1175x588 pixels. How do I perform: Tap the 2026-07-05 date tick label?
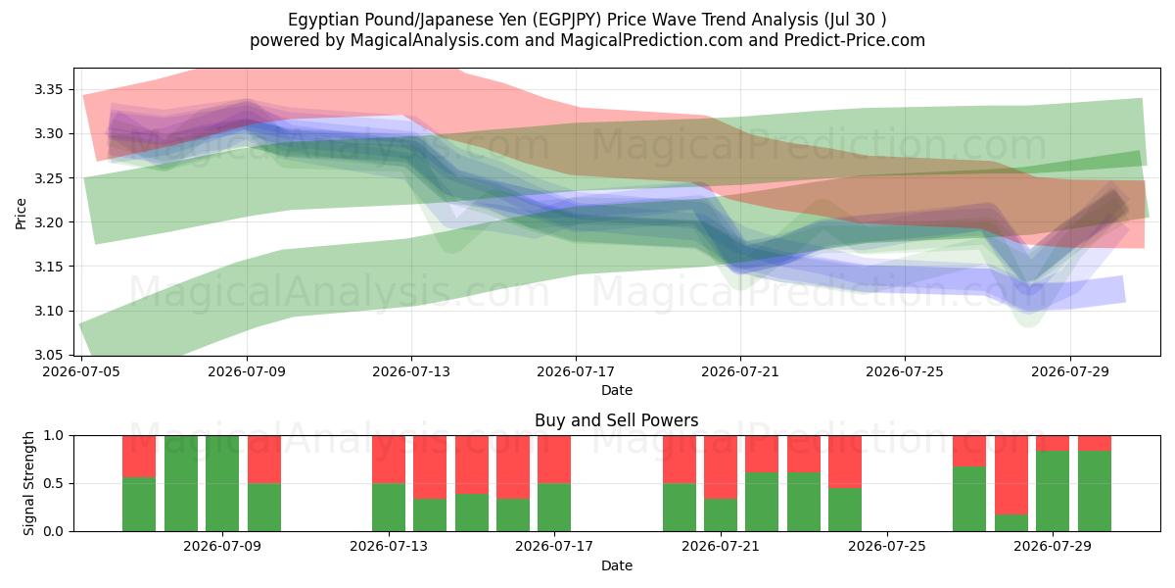click(x=81, y=371)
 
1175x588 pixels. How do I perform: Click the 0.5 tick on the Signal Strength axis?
click(x=53, y=483)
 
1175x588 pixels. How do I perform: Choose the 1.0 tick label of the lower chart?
click(x=53, y=436)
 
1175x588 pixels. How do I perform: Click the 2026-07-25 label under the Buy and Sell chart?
click(x=887, y=546)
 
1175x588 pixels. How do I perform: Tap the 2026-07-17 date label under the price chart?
click(x=576, y=371)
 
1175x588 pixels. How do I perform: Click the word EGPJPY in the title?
click(x=567, y=20)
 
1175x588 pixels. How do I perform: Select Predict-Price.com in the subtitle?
click(x=855, y=40)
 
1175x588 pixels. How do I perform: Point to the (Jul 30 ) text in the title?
click(x=855, y=20)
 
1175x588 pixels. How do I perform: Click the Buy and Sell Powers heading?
click(x=616, y=420)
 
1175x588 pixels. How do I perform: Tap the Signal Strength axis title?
click(x=28, y=483)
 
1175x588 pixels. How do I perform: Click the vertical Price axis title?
click(x=21, y=214)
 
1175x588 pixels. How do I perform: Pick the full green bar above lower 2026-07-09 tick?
click(x=222, y=483)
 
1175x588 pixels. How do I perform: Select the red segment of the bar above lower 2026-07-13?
click(x=389, y=460)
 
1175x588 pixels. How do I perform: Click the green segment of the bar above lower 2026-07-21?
click(x=721, y=515)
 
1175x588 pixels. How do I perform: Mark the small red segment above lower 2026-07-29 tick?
click(x=1053, y=444)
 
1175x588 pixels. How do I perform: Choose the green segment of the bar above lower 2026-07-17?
click(x=554, y=508)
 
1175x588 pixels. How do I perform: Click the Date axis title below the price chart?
click(x=616, y=391)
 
